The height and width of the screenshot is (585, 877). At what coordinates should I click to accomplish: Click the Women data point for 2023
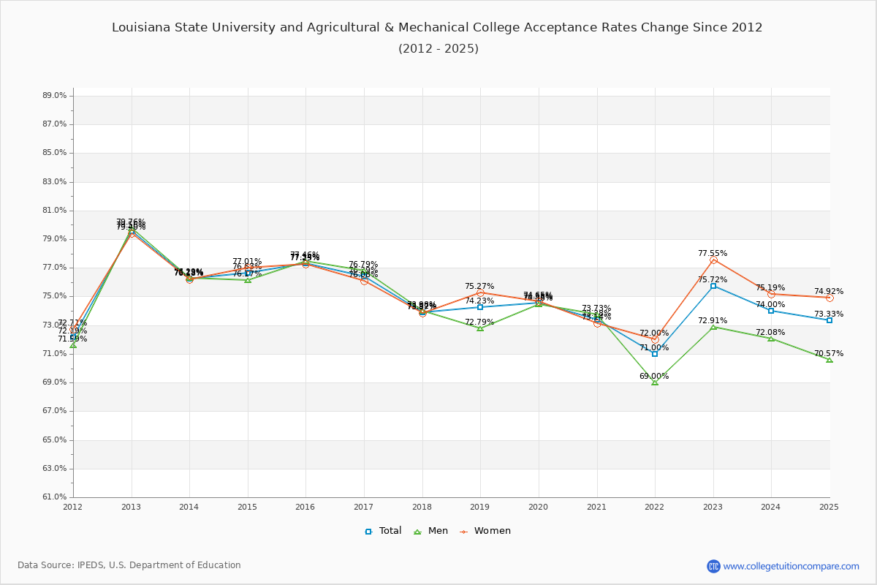(713, 260)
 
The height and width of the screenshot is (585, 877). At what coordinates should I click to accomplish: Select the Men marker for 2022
(655, 382)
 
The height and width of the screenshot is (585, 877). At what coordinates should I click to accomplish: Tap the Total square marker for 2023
(713, 286)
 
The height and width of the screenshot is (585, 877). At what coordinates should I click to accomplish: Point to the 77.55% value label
(713, 254)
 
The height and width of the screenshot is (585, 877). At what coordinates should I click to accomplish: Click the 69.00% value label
(654, 377)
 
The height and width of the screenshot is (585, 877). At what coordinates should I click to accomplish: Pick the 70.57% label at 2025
(829, 354)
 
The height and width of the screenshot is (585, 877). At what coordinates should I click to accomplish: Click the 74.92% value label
(829, 292)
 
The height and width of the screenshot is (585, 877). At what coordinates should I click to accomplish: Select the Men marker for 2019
(480, 328)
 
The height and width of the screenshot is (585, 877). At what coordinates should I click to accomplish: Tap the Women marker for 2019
(480, 292)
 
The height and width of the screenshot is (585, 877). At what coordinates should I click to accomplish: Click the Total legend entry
(384, 531)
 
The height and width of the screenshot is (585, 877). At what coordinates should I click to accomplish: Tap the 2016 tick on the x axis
(305, 506)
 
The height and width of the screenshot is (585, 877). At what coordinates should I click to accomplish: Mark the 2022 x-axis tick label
(655, 506)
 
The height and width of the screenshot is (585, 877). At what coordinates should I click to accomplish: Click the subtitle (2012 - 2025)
(438, 49)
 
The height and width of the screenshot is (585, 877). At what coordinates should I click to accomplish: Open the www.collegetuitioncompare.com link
(791, 566)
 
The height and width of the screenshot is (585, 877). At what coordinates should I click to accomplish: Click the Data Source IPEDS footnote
(129, 565)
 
